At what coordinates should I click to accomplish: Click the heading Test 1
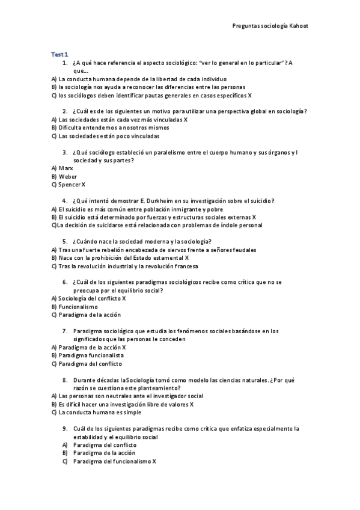[59, 54]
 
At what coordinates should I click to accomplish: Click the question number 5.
[64, 241]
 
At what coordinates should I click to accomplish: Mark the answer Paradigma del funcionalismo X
[114, 461]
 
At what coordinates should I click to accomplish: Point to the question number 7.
[64, 331]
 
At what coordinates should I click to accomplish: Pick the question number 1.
[64, 62]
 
